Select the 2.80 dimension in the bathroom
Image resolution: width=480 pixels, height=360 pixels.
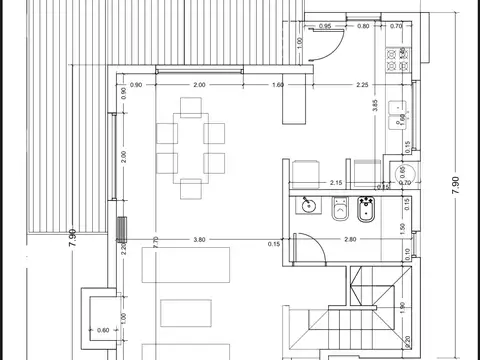click(x=350, y=240)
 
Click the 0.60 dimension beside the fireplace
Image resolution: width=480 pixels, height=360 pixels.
click(x=104, y=328)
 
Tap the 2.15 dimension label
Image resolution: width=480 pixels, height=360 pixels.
click(x=336, y=182)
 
